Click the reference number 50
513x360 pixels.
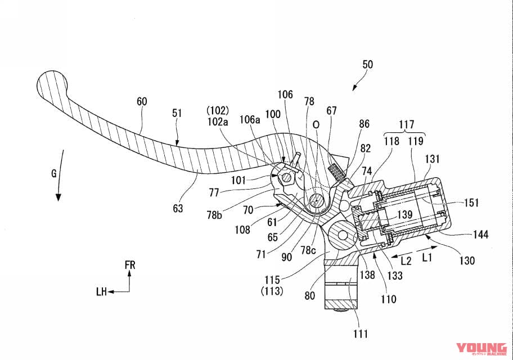click(x=367, y=65)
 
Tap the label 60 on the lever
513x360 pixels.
click(x=142, y=101)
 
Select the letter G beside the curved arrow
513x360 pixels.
click(x=54, y=173)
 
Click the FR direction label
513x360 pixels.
click(x=130, y=265)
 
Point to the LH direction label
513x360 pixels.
click(x=101, y=291)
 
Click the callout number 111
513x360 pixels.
click(x=360, y=334)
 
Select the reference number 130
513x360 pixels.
click(x=466, y=260)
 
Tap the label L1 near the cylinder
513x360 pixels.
click(x=427, y=258)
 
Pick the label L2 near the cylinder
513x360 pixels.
click(x=406, y=260)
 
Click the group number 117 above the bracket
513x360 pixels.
click(x=407, y=124)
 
